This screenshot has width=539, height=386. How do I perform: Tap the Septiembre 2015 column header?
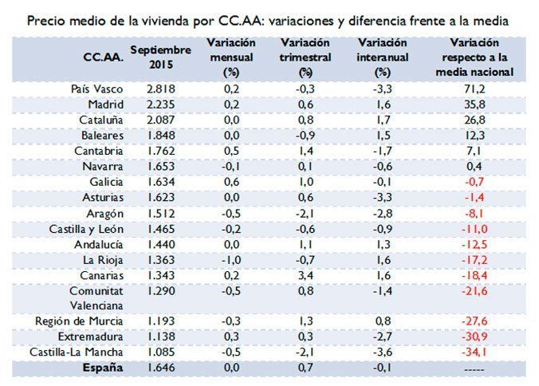(x=161, y=56)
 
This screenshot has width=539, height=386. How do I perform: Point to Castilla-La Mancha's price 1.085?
(x=162, y=351)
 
